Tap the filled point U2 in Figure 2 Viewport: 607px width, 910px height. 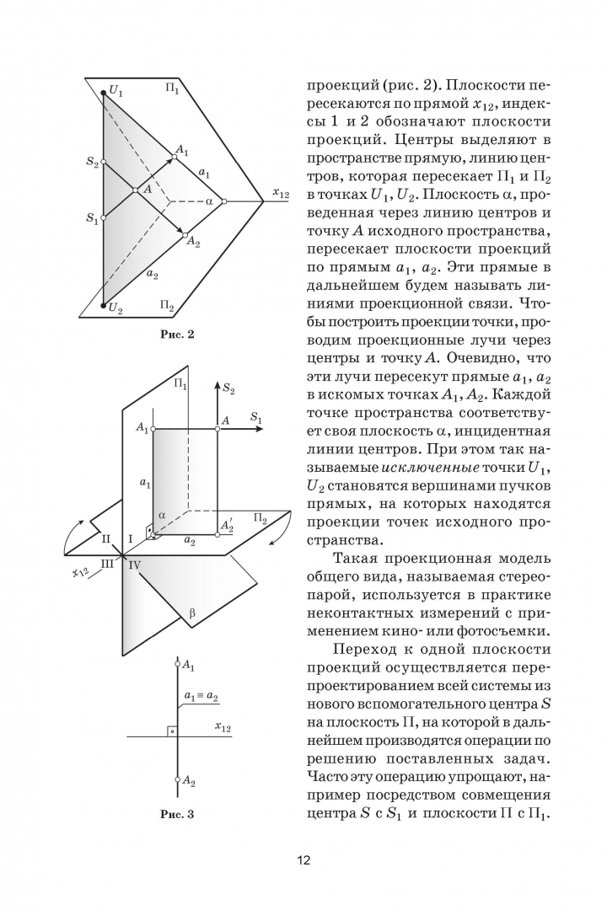pyautogui.click(x=104, y=306)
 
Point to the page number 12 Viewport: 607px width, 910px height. pyautogui.click(x=303, y=860)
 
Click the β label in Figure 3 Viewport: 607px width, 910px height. pyautogui.click(x=191, y=613)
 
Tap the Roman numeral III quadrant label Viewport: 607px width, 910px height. pyautogui.click(x=108, y=562)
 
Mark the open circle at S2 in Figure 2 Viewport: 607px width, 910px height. pyautogui.click(x=104, y=162)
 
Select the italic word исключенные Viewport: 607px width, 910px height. pyautogui.click(x=430, y=467)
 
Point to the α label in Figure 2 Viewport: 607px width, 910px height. pyautogui.click(x=209, y=201)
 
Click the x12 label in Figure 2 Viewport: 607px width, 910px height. pyautogui.click(x=281, y=194)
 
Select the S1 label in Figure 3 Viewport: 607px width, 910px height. pyautogui.click(x=256, y=417)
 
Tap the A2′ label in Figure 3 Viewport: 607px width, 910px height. pyautogui.click(x=227, y=524)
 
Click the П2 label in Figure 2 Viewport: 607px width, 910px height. pyautogui.click(x=166, y=305)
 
